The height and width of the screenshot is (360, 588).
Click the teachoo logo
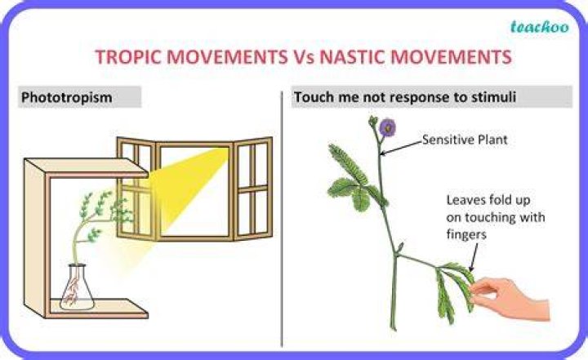coord(539,27)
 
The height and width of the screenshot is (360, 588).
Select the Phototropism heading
coord(67,97)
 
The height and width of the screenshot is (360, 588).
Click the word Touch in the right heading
coord(314,97)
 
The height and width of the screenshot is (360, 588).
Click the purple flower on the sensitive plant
coord(387,127)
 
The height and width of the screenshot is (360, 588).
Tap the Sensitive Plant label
coord(465,140)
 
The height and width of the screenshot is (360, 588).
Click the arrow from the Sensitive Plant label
coord(401,148)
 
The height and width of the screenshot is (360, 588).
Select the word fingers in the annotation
coord(466,235)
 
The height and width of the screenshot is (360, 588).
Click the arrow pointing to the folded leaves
coord(474,257)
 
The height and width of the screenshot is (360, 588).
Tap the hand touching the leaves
coord(510,298)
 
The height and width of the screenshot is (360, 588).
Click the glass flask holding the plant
coord(78,288)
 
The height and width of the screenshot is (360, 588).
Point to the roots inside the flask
coord(73,291)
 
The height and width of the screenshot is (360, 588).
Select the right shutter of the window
coord(253,189)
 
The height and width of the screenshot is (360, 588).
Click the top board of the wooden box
coord(87,167)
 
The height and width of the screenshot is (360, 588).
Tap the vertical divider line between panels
coord(282,219)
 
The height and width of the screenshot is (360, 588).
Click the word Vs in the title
coord(303,57)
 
